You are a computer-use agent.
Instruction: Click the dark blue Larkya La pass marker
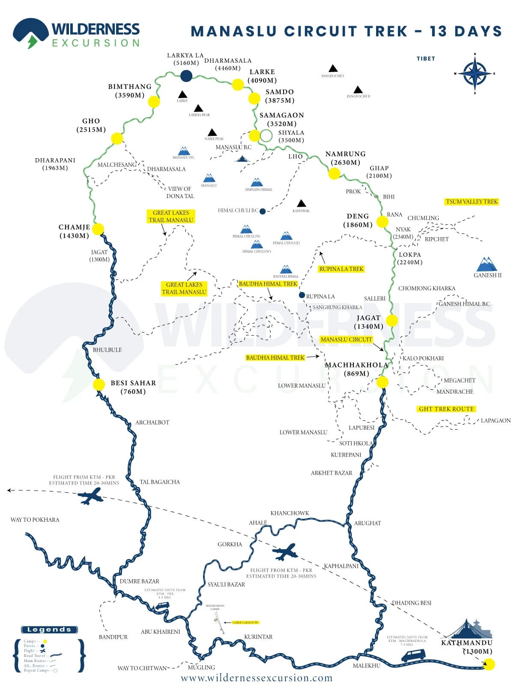coord(186,76)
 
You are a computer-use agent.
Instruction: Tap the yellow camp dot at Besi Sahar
coord(99,384)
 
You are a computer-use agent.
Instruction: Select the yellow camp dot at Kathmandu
coord(489,664)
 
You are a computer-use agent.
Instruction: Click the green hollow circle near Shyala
coord(266,136)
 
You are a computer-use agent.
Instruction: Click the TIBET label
coord(426,59)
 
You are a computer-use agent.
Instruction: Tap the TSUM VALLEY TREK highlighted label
coord(472,202)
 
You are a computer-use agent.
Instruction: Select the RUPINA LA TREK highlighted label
coord(341,269)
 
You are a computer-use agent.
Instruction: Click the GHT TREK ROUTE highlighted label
coord(446,409)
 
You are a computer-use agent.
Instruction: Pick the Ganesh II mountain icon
coord(487,264)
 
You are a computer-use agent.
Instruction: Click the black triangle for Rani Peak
coord(301,203)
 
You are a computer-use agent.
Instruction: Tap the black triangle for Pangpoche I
coord(333,69)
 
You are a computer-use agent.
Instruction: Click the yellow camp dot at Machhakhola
coord(382,382)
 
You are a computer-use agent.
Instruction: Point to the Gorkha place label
coord(230,544)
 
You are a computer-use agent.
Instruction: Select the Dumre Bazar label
coord(139,581)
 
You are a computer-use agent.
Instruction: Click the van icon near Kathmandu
coord(413,655)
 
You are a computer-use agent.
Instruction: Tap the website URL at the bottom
coord(257,678)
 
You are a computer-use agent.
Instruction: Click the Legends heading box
coord(49,629)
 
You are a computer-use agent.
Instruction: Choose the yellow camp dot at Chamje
coord(98,229)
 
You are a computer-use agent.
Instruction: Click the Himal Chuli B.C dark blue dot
coord(263,211)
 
